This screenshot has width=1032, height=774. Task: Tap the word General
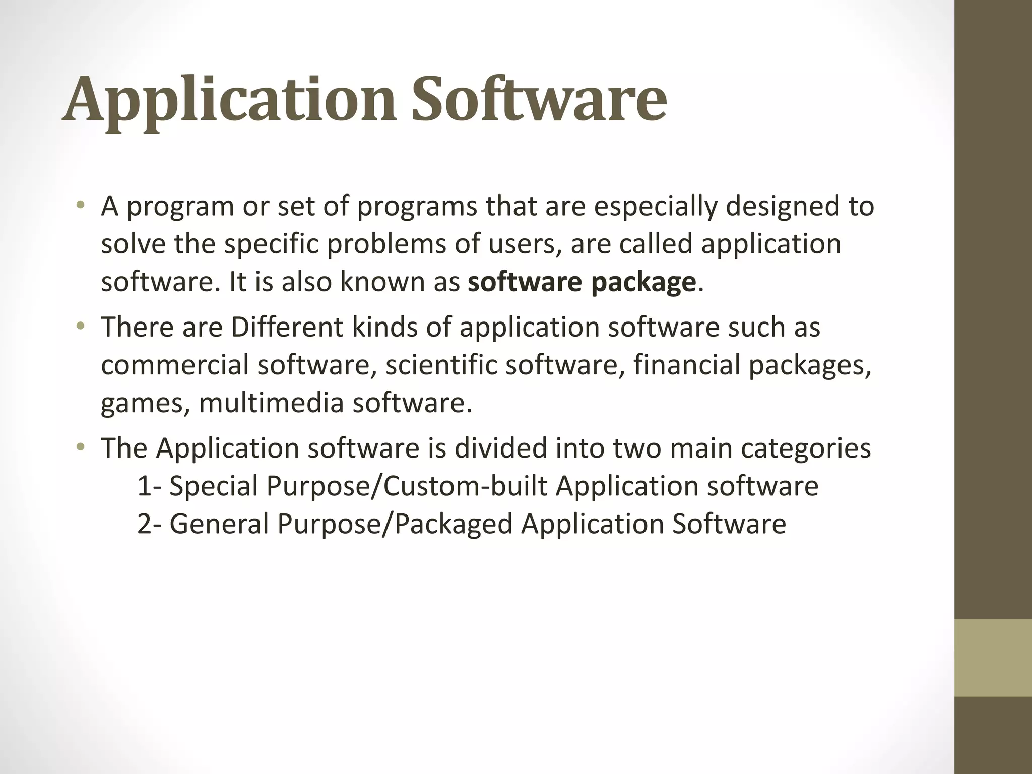[219, 524]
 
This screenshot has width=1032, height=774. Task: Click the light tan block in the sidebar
[993, 658]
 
